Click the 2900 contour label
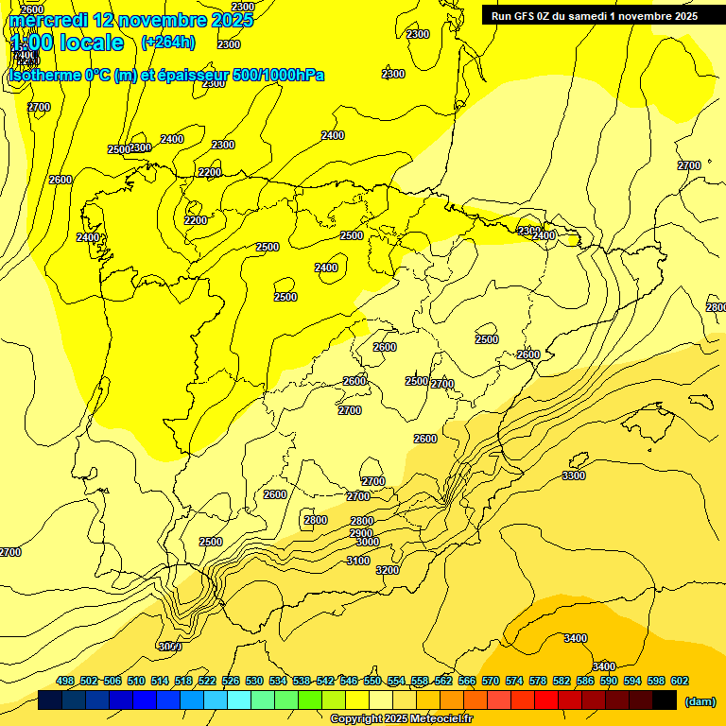[x=361, y=532]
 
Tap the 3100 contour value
[x=358, y=561]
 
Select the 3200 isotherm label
[x=388, y=570]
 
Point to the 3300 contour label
[x=573, y=475]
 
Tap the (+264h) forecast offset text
[x=167, y=42]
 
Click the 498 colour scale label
[x=65, y=681]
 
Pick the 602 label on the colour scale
[x=680, y=681]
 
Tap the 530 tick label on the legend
[x=254, y=681]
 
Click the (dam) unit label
[x=700, y=700]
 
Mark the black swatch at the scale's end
[x=665, y=700]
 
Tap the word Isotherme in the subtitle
[x=44, y=76]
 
